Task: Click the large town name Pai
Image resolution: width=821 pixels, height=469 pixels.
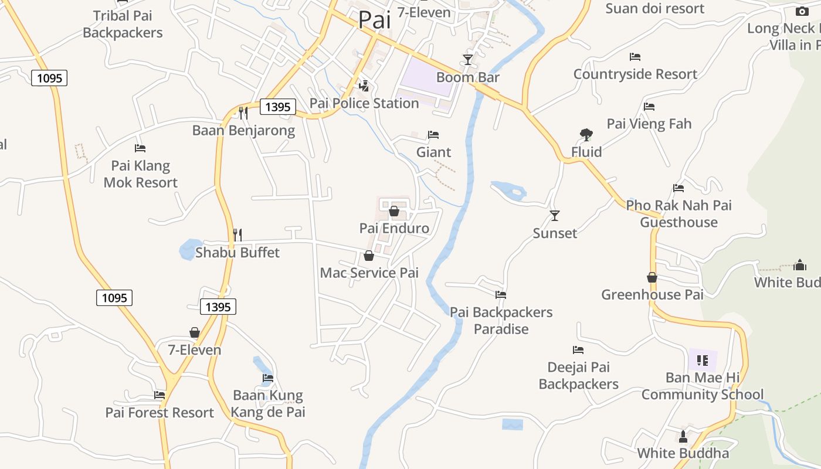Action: pos(374,20)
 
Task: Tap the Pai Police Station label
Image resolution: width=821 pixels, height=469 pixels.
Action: pos(364,103)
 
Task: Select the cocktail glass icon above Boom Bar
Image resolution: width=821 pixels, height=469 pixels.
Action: pos(467,60)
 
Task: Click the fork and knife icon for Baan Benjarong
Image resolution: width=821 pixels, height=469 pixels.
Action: pos(243,113)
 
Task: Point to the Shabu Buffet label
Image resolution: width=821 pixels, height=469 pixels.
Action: pos(238,253)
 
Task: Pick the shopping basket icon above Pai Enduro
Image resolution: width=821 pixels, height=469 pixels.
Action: pos(394,211)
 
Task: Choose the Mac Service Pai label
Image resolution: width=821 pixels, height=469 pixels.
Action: pos(369,273)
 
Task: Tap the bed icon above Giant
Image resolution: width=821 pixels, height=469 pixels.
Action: pos(433,135)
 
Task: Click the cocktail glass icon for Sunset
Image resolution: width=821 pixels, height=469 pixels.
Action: pos(555,216)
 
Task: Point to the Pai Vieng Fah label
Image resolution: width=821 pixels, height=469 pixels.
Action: pos(649,124)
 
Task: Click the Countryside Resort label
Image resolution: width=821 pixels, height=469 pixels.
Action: pos(635,74)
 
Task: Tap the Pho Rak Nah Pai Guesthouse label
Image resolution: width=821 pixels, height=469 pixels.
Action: pos(678,214)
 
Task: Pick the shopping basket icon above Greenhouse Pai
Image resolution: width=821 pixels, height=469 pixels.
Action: pos(652,277)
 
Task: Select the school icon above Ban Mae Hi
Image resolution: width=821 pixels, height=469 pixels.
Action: pos(703,360)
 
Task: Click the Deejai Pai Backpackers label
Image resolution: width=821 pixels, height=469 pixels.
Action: pos(579,376)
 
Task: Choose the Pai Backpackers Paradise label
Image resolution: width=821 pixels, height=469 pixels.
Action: pos(501,321)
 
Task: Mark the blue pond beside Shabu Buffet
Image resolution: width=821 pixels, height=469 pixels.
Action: pos(189,250)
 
